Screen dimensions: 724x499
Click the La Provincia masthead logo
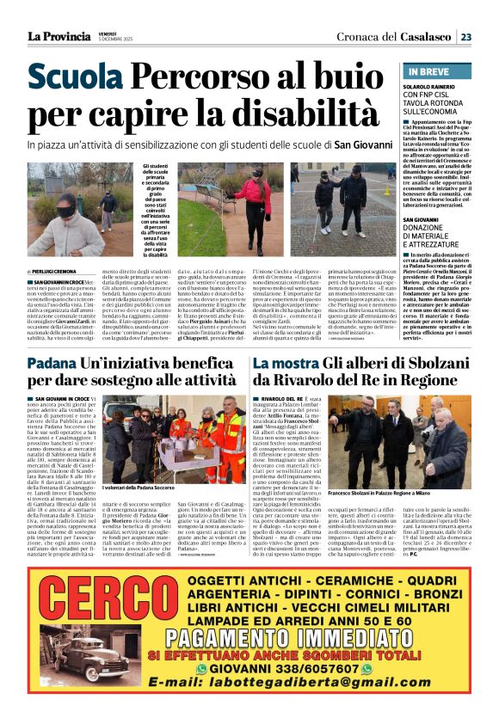click(x=58, y=36)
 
